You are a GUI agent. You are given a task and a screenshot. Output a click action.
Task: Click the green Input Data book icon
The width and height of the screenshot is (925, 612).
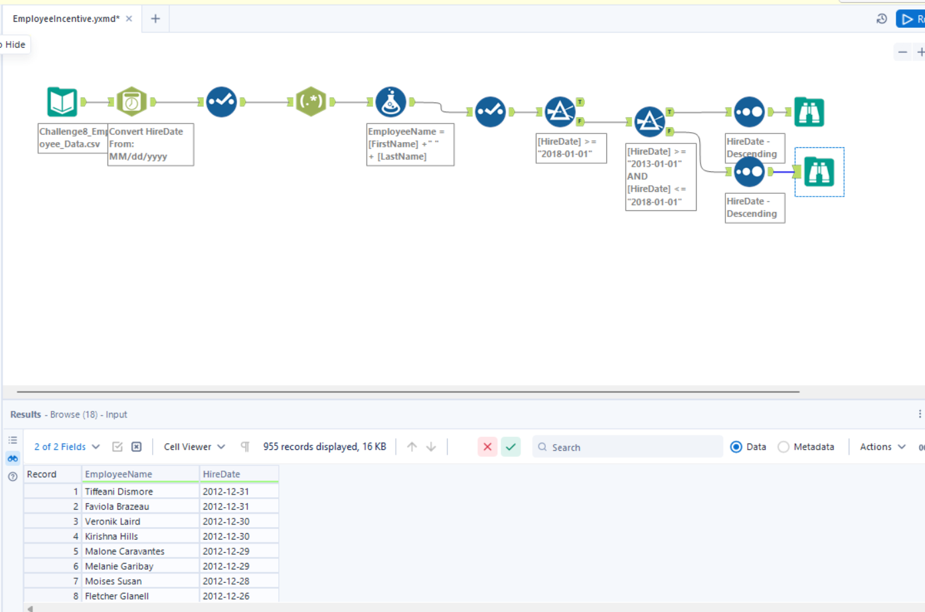tap(62, 102)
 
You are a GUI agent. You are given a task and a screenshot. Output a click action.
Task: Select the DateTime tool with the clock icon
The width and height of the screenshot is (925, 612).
tap(131, 102)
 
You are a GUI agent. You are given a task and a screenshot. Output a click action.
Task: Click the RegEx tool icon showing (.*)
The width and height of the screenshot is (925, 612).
tap(311, 102)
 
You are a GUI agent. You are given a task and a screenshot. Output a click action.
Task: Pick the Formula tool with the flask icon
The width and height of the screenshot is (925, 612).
tap(390, 102)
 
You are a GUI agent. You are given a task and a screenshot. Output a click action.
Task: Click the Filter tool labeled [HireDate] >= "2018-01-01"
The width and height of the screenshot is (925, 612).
tap(560, 112)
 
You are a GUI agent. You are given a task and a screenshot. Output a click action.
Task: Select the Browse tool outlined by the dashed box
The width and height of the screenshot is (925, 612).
tap(819, 172)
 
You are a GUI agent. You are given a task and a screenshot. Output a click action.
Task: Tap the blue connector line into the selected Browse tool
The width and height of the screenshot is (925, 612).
tap(784, 172)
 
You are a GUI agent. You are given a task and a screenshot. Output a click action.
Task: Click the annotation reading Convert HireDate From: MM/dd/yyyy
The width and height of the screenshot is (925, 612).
tap(150, 145)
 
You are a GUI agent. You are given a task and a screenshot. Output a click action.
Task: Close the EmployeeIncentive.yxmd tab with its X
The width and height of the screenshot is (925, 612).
tap(129, 19)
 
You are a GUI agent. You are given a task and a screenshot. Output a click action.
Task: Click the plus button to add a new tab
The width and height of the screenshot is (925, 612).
tap(155, 19)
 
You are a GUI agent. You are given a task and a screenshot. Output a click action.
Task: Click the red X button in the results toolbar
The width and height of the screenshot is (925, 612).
tap(487, 447)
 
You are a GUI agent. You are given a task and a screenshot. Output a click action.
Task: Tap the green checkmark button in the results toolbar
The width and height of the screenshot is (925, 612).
tap(511, 447)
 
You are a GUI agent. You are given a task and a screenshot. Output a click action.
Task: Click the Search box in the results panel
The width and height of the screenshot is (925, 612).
tap(628, 447)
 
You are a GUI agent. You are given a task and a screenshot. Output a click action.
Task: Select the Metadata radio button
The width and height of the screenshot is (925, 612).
tap(784, 447)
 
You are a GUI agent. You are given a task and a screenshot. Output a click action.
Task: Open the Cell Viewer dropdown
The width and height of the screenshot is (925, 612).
tap(194, 447)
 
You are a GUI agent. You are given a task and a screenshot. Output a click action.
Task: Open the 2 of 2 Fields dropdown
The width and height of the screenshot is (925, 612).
tap(67, 447)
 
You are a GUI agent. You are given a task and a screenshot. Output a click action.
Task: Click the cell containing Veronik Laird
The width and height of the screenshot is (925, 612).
tap(140, 521)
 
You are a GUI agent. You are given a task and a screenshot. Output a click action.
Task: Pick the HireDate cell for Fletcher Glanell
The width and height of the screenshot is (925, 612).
tap(239, 596)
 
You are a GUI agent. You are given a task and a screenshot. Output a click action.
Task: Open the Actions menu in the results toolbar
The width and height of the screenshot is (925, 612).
tap(883, 447)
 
